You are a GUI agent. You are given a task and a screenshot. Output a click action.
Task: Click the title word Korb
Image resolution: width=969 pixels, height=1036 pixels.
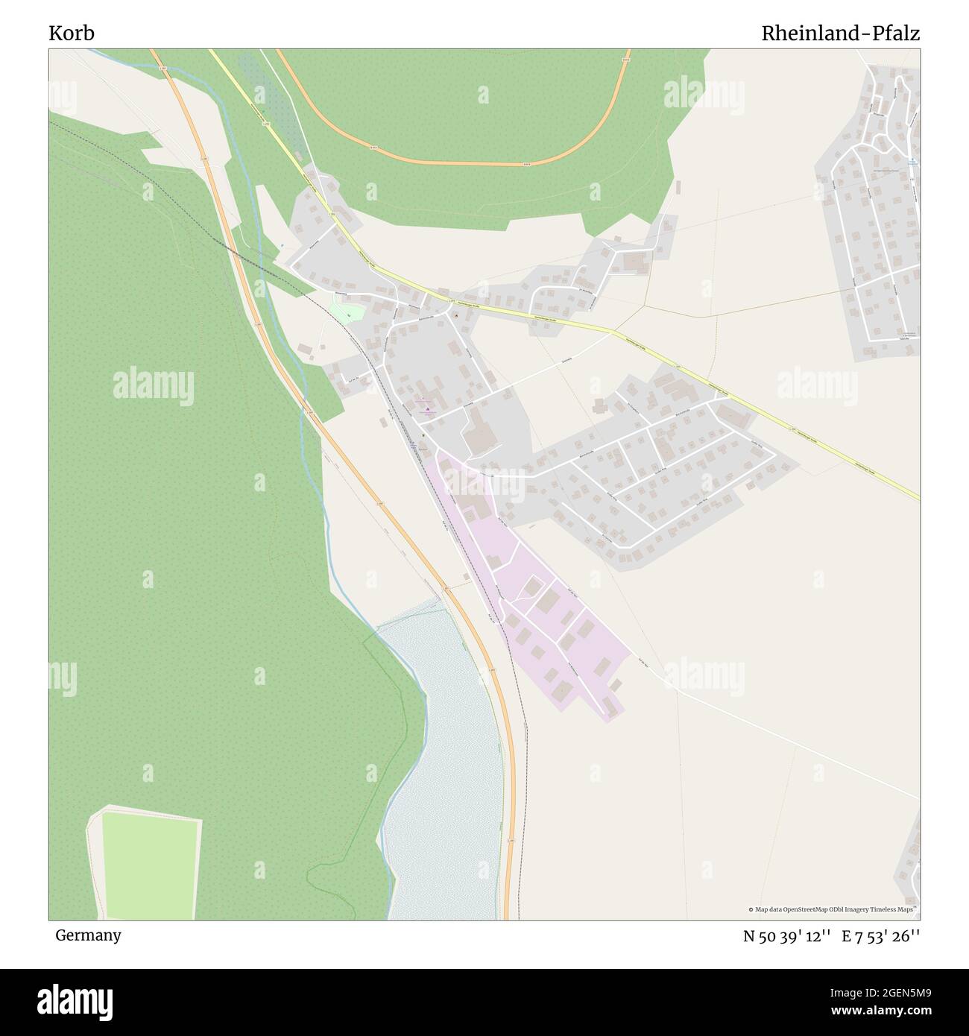coord(72,34)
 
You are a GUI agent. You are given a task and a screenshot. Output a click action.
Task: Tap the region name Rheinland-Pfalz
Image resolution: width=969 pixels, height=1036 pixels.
coord(840,34)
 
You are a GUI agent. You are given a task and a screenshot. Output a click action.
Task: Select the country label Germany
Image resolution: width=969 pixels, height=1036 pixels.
coord(88,935)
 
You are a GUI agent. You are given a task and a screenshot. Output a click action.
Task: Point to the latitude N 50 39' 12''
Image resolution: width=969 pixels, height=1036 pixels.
coord(786,936)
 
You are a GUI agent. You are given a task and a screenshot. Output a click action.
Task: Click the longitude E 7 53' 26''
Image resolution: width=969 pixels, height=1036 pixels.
coord(880,936)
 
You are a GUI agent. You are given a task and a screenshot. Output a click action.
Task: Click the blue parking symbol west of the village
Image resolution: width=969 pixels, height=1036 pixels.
coord(283,247)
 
